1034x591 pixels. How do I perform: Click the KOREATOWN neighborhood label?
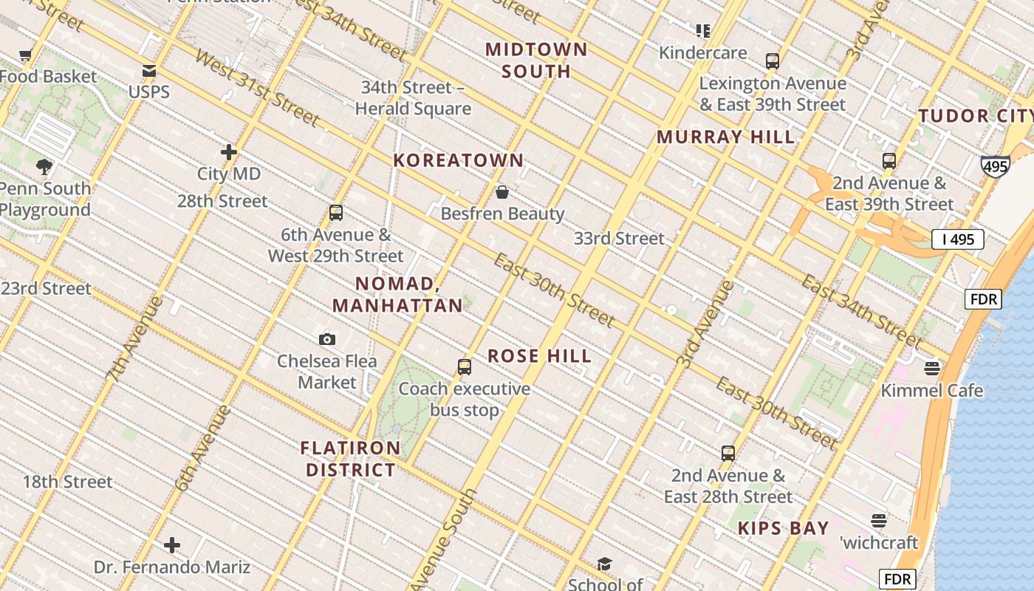coord(458,160)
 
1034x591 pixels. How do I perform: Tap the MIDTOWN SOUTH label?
coord(536,61)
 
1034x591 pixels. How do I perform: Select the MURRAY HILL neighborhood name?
coord(726,137)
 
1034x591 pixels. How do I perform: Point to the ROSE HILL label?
coord(540,356)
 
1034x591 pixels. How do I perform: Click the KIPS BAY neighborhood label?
coord(784,528)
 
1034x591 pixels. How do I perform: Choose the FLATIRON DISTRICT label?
coord(351,459)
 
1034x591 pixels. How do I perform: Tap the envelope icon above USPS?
coord(149,71)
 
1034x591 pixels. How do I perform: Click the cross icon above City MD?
coord(229,152)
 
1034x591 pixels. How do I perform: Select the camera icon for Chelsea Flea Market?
coord(327,339)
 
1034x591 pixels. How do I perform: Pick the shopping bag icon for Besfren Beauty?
coord(502,192)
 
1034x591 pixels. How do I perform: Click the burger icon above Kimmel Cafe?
coord(932,367)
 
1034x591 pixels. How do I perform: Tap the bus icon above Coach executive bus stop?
coord(465,366)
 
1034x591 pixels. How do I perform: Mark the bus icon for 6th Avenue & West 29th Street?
coord(336,213)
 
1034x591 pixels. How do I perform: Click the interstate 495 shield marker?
coord(995,166)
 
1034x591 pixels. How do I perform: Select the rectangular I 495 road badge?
coord(958,239)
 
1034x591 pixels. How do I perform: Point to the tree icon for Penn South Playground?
coord(44,166)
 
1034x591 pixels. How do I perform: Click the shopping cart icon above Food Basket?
coord(26,55)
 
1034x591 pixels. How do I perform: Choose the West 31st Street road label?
coord(256,87)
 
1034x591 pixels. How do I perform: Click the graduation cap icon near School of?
coord(604,564)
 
